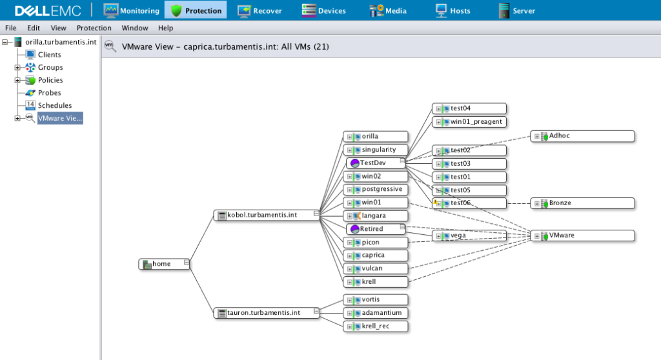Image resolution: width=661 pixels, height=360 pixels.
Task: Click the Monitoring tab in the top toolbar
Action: (x=132, y=10)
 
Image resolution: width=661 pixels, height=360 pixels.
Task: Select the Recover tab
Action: (x=259, y=10)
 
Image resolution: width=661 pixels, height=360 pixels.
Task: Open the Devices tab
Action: (x=324, y=10)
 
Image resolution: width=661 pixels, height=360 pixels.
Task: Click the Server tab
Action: (x=517, y=10)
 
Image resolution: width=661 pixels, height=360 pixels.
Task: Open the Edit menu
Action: (x=34, y=28)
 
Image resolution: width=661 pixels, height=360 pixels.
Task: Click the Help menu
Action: (x=165, y=28)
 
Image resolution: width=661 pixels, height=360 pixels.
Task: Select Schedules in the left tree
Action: (x=54, y=105)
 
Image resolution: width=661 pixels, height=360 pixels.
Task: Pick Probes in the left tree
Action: (x=49, y=93)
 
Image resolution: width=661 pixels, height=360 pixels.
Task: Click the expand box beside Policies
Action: (x=18, y=80)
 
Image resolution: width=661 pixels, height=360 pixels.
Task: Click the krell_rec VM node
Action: (x=376, y=326)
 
